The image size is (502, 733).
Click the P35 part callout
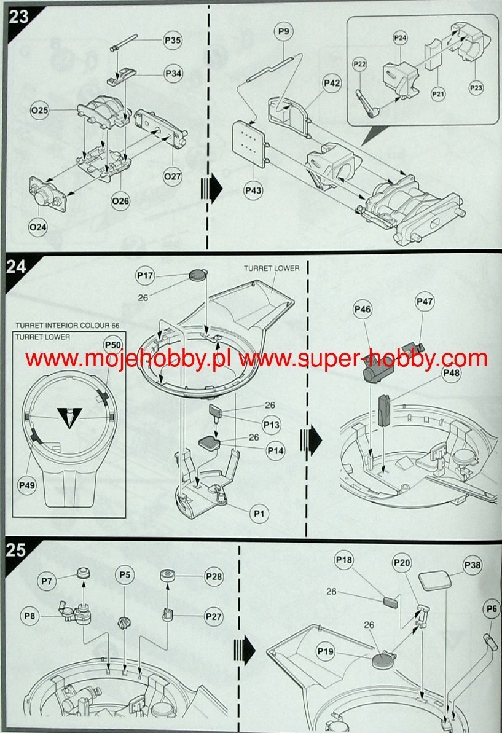point(173,41)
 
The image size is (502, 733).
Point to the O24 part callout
point(38,227)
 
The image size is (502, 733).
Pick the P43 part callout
point(253,190)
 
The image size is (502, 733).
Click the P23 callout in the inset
point(476,88)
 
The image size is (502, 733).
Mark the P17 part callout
point(146,276)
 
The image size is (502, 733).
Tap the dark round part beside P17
point(197,275)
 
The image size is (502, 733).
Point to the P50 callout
point(112,345)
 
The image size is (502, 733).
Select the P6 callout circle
point(491,609)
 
